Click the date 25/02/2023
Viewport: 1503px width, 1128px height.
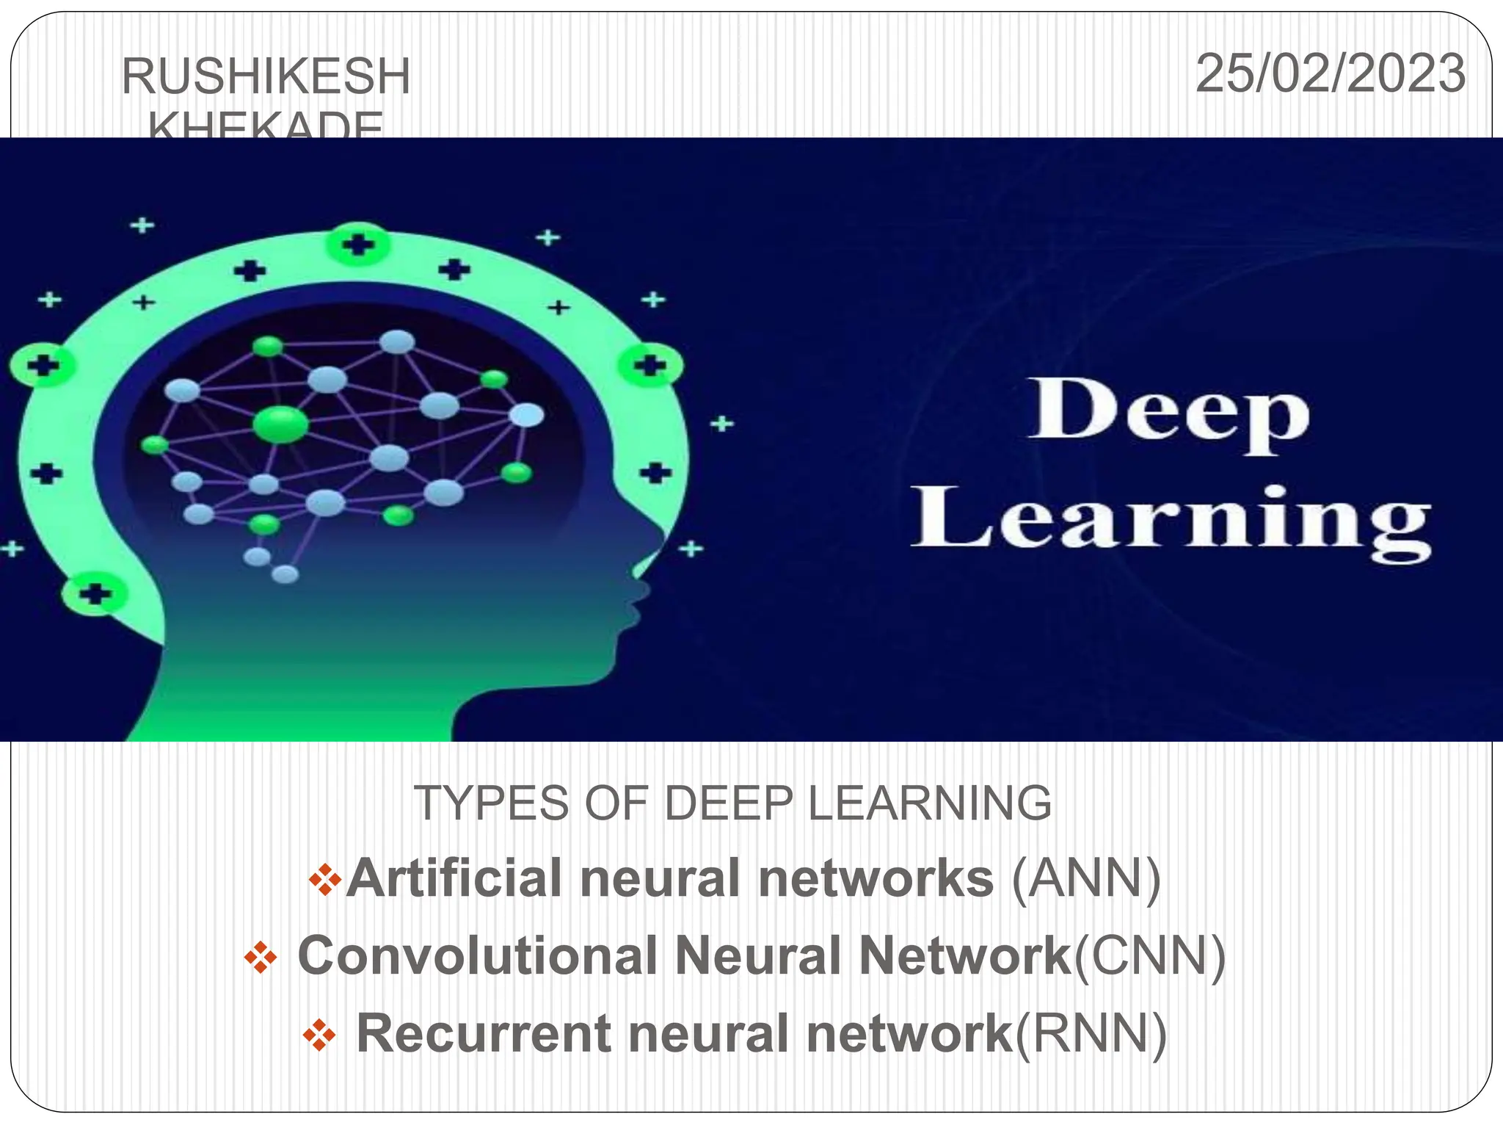pos(1330,74)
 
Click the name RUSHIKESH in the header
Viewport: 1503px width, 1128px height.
pos(266,77)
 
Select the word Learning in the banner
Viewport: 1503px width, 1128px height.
pos(1171,520)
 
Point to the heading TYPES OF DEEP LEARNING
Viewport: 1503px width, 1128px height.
pos(732,803)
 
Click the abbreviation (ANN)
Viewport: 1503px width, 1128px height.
pos(1086,878)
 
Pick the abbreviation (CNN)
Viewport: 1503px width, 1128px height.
pos(1149,956)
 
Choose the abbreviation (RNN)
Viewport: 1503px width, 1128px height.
pos(1091,1034)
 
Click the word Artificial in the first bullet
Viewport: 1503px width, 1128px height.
pos(454,878)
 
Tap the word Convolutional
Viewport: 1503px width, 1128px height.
pos(477,956)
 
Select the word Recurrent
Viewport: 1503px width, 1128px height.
pos(484,1034)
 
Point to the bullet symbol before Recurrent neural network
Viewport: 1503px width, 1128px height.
pos(319,1035)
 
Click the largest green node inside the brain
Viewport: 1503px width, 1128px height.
pos(280,425)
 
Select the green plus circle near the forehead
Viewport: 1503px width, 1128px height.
pos(649,365)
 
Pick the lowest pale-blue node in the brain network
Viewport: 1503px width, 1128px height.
pos(285,574)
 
